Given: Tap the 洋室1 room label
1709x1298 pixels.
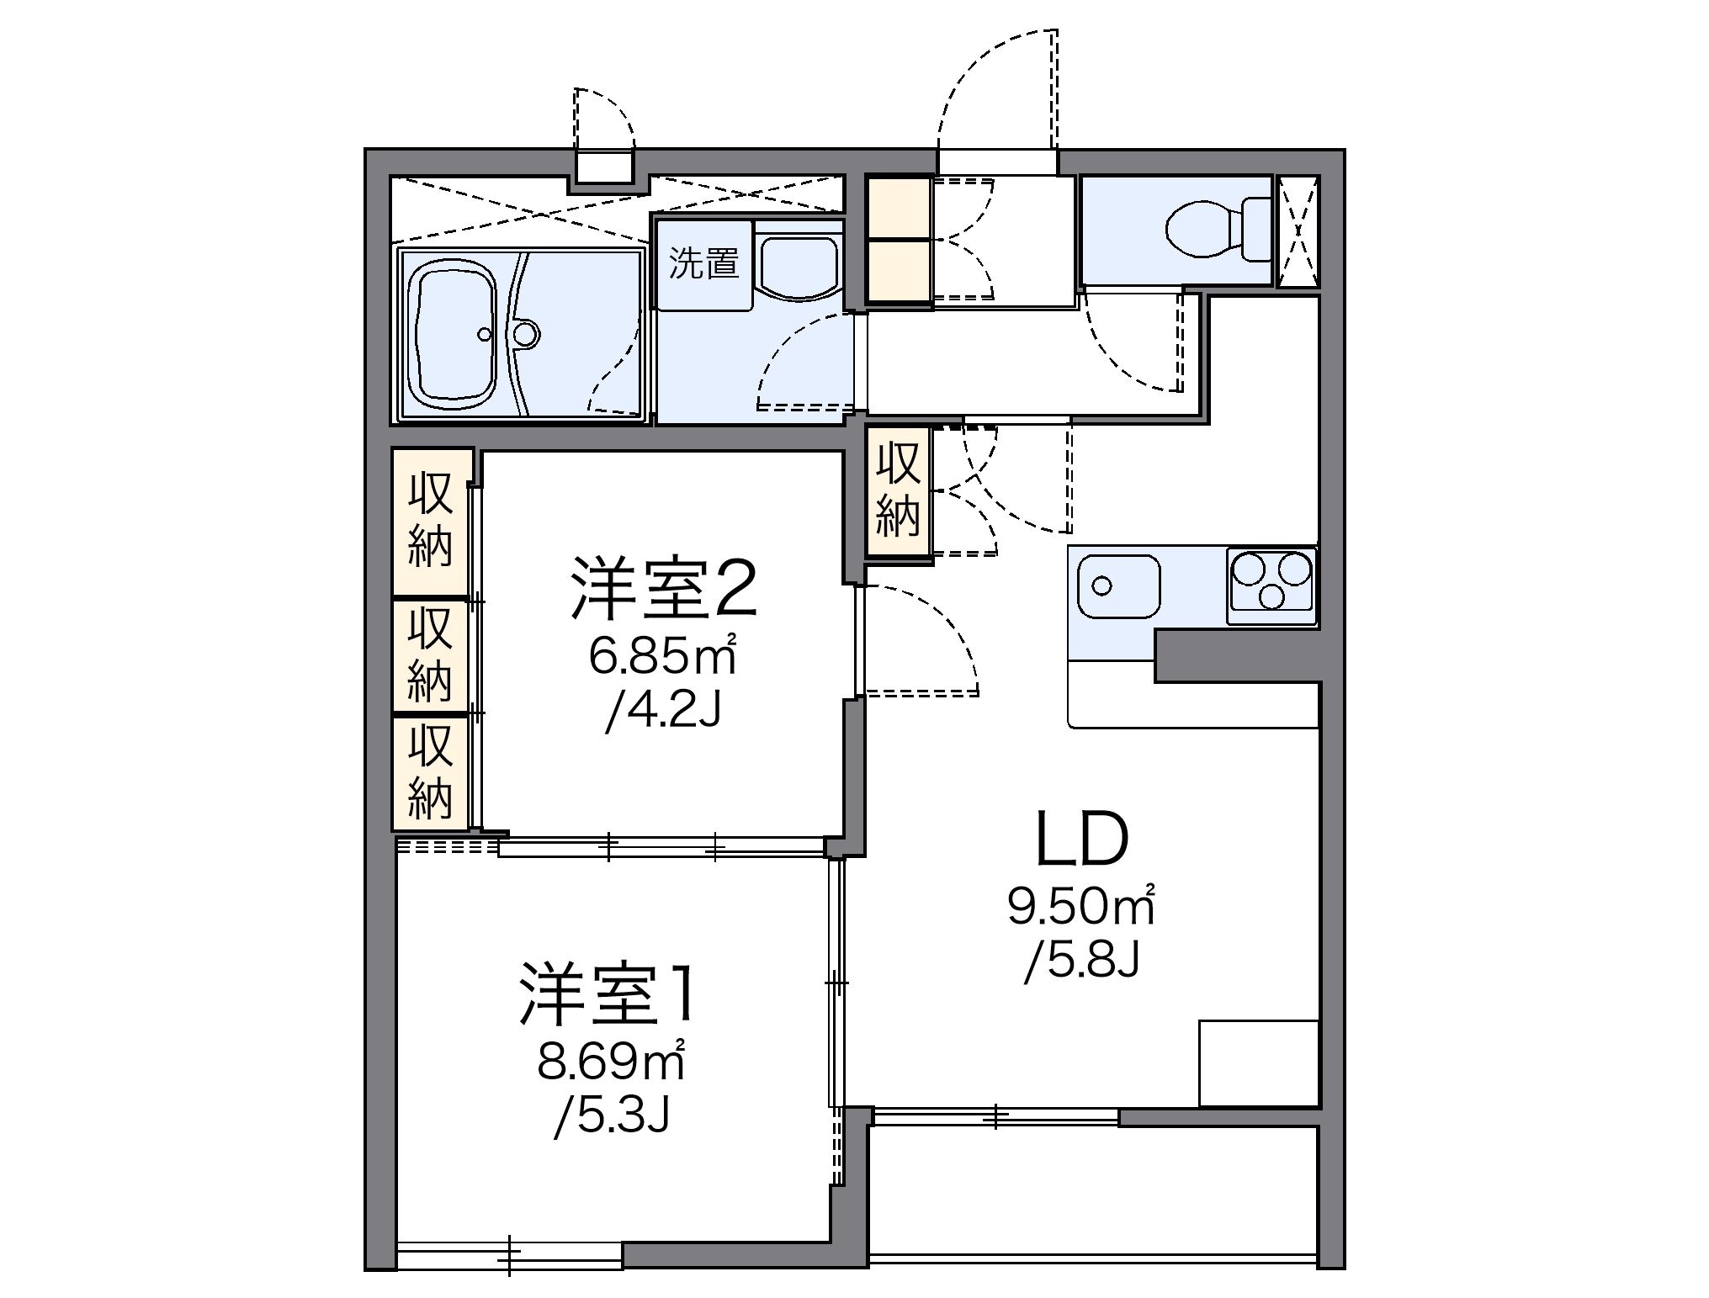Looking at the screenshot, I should click(x=607, y=995).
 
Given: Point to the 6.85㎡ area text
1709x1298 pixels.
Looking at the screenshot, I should click(x=662, y=656).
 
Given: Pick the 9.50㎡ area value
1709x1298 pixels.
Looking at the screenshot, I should click(x=1081, y=907).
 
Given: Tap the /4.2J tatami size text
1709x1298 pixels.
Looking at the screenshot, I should click(x=662, y=713).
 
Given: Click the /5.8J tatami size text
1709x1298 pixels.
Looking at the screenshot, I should click(x=1081, y=963).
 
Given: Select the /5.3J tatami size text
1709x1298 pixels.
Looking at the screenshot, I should click(x=612, y=1119).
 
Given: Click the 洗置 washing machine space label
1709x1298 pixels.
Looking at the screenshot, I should click(x=703, y=265).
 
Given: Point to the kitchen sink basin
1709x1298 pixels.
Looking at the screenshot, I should click(x=1118, y=586).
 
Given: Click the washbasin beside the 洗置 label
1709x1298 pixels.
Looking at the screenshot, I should click(x=798, y=263).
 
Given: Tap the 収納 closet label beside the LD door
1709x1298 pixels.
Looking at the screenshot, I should click(x=898, y=490).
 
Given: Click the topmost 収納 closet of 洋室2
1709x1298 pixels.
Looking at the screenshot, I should click(x=432, y=522).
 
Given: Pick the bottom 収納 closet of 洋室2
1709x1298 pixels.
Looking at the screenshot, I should click(x=432, y=772).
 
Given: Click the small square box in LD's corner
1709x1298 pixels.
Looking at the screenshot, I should click(x=1257, y=1062).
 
